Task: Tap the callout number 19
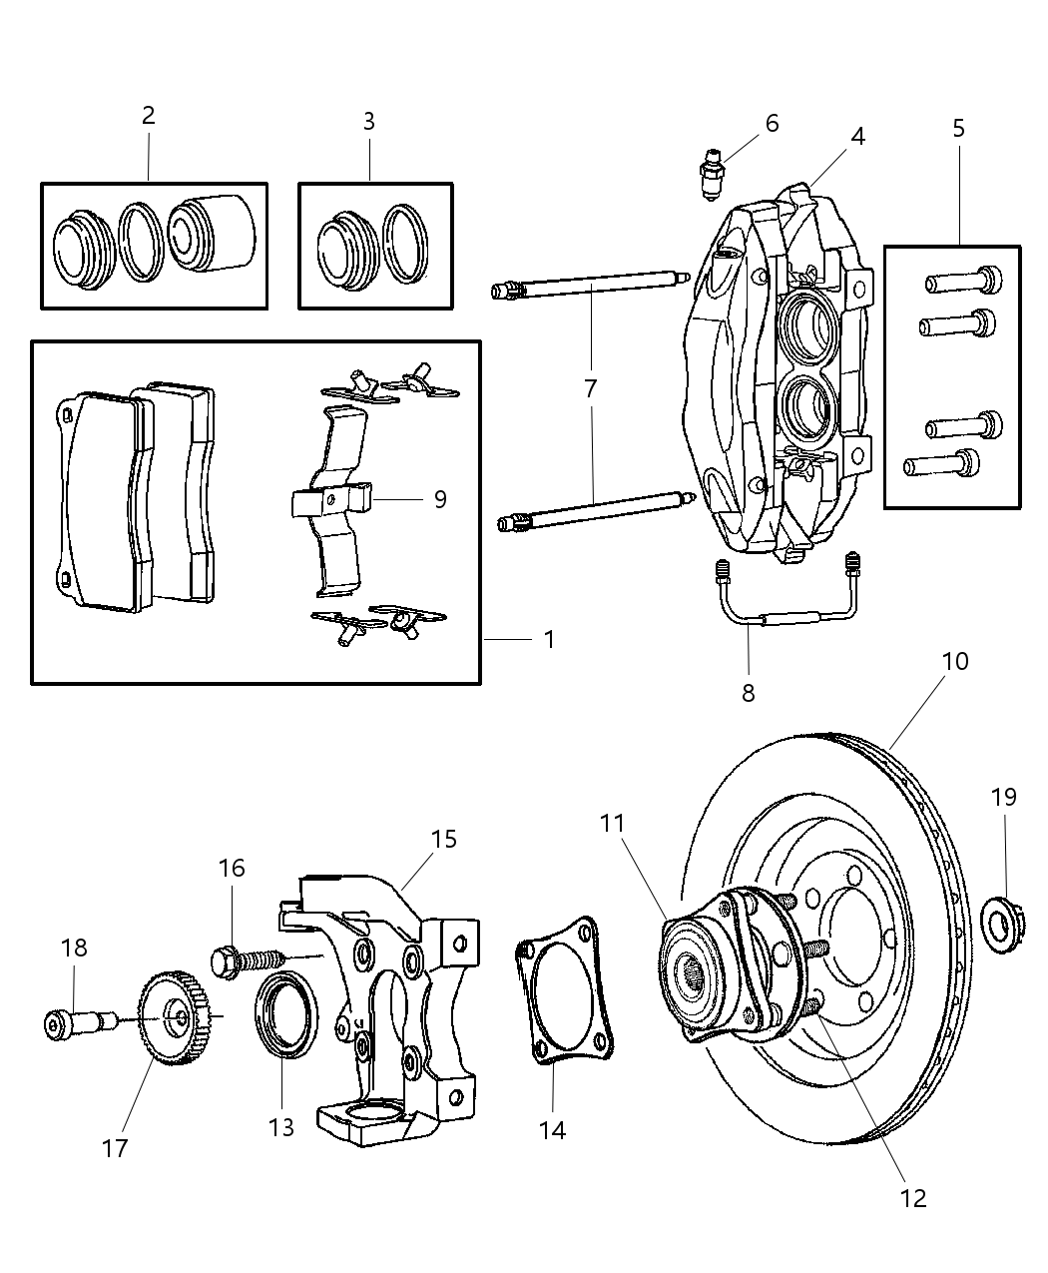[x=1003, y=797]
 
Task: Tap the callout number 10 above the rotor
[x=954, y=661]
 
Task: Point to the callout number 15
[x=443, y=839]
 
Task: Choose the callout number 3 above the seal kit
[x=368, y=122]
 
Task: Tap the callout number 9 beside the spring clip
[x=439, y=499]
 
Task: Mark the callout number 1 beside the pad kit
[x=548, y=639]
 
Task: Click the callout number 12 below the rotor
[x=912, y=1197]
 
